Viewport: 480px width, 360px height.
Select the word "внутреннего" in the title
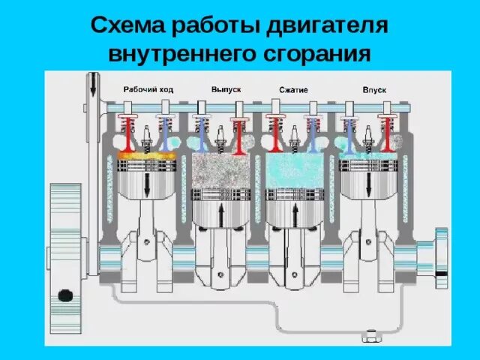pos(184,54)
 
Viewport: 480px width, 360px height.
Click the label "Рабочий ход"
pos(148,89)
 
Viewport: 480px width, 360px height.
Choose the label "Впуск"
pos(373,89)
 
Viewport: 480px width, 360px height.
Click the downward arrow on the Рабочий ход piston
pos(148,187)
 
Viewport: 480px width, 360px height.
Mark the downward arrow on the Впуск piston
pos(368,187)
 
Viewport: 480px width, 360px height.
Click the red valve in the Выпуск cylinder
pos(240,135)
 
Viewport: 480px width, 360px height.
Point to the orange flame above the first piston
pos(147,156)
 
